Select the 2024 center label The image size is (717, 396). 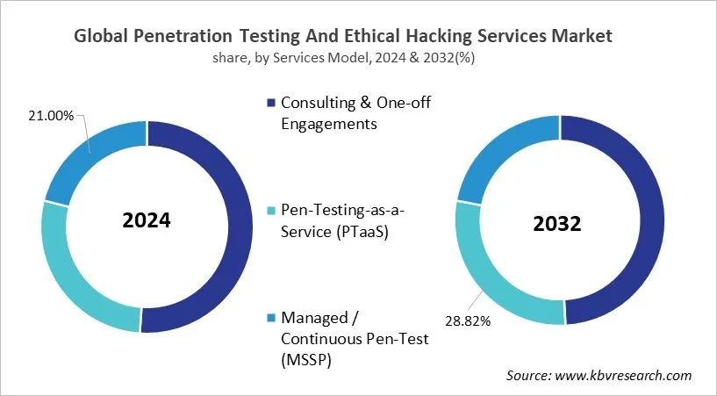point(147,220)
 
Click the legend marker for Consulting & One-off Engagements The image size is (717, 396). point(272,104)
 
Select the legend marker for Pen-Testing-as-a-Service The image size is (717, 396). point(272,211)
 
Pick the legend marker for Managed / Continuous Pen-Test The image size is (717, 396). point(272,317)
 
